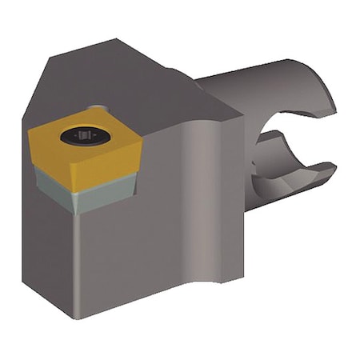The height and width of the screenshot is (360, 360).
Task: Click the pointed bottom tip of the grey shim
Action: pyautogui.click(x=76, y=213)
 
